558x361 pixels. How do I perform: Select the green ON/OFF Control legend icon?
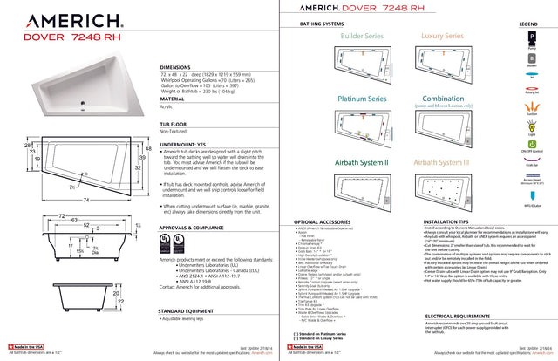[529, 143]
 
